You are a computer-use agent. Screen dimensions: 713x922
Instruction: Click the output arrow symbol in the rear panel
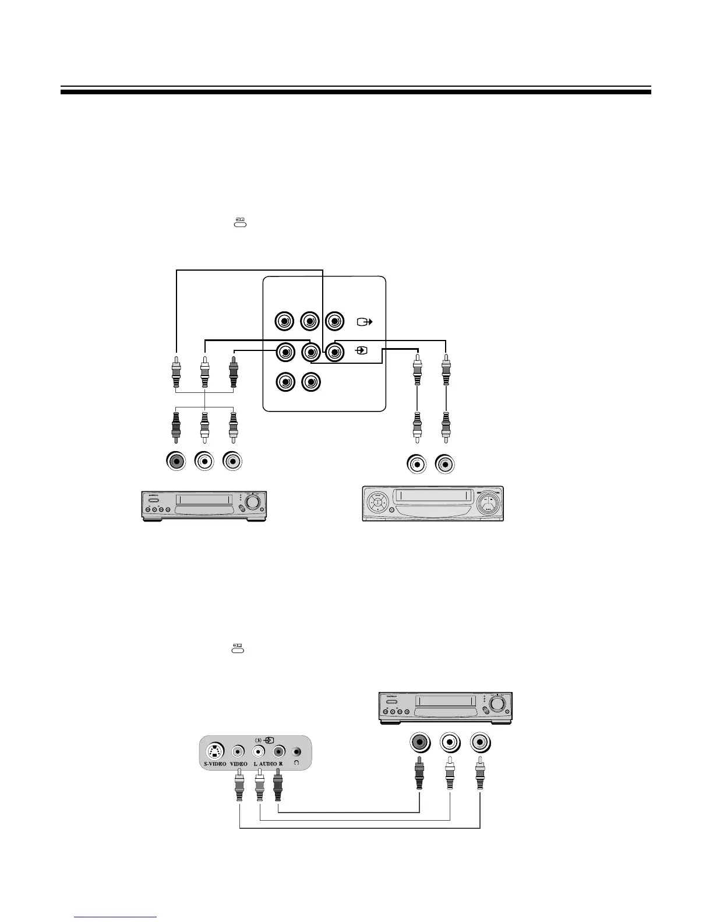pos(364,321)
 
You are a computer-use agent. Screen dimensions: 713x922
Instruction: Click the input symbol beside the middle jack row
pos(362,351)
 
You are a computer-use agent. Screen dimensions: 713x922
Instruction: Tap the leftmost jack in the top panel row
pos(284,321)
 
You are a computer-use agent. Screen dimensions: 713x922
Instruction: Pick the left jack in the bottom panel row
pos(284,382)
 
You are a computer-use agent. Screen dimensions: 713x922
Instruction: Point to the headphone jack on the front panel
pos(298,751)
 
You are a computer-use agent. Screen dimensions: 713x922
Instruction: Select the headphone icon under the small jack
pos(298,764)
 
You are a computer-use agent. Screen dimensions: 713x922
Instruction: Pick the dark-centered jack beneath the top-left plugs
pos(176,462)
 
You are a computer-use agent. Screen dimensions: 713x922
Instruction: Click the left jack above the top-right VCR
pos(417,464)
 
